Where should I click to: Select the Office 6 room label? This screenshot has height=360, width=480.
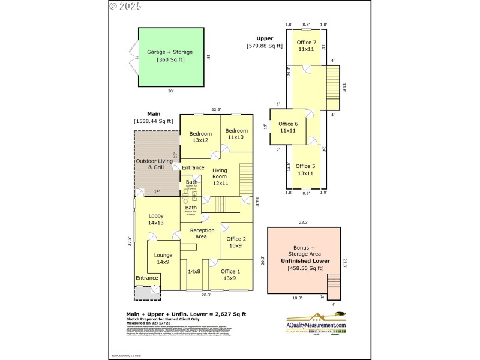[x=287, y=127]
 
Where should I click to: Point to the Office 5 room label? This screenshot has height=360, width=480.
[x=305, y=170]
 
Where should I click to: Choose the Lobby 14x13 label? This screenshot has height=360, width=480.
[x=156, y=219]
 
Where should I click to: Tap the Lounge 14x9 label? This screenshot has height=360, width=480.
[x=163, y=259]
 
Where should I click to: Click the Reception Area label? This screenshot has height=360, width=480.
[x=202, y=233]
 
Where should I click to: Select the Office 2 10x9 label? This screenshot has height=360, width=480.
[x=236, y=242]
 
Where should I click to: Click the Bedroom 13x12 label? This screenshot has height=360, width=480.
[x=200, y=137]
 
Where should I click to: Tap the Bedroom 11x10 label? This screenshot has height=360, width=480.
[x=236, y=134]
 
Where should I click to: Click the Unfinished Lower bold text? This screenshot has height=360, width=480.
[x=304, y=261]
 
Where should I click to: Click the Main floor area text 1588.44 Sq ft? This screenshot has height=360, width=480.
[x=153, y=121]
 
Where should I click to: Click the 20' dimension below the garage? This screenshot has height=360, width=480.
[x=170, y=91]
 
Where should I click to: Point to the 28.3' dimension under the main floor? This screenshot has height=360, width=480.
[x=206, y=295]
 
